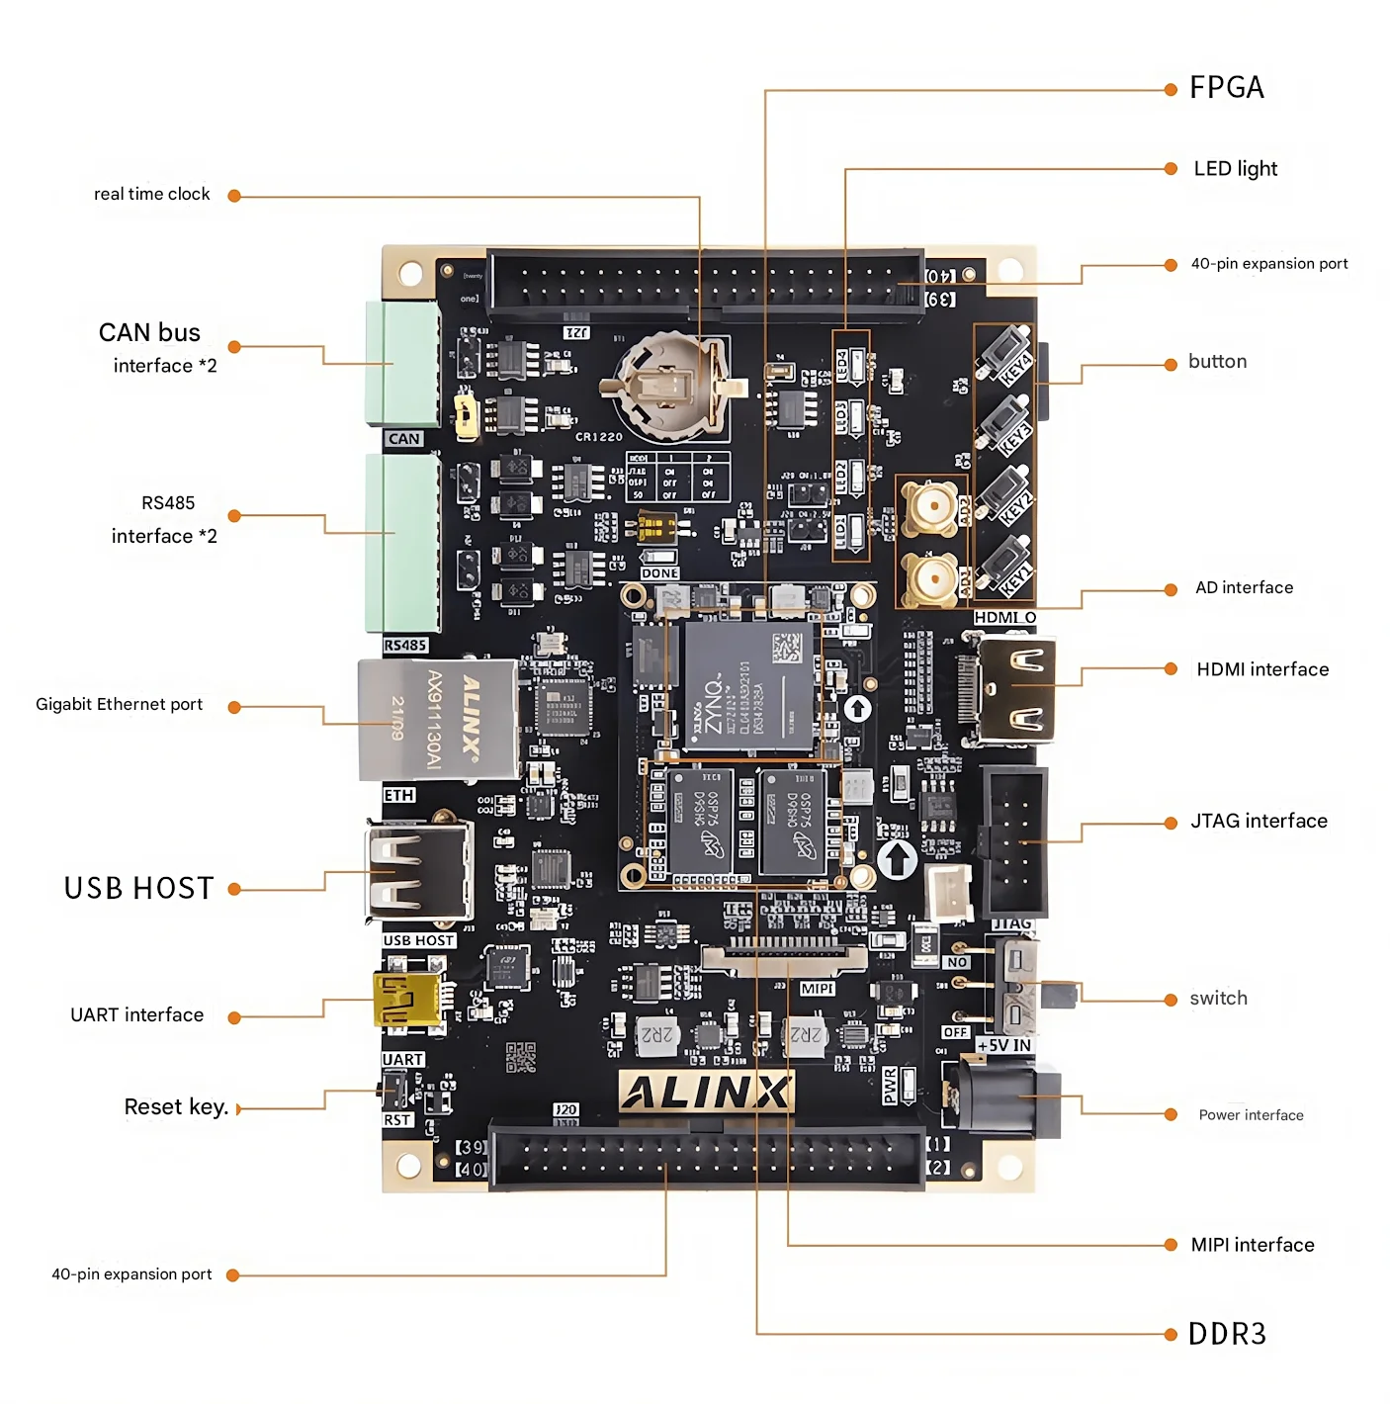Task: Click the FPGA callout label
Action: coord(1226,88)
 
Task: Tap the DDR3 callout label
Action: coord(1227,1334)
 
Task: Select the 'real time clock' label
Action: coord(151,194)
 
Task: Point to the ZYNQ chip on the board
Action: coord(748,685)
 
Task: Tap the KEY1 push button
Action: coord(1004,564)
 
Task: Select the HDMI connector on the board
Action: coord(1016,689)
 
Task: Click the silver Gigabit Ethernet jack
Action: coord(437,719)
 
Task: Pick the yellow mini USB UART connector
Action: coord(406,999)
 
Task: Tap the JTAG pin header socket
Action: coord(1015,840)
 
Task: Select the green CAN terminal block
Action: coord(402,364)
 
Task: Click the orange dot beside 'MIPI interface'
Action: coord(1171,1245)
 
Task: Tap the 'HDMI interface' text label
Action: coord(1262,669)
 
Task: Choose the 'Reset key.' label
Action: coord(176,1106)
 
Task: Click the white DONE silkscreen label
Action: coord(659,573)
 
